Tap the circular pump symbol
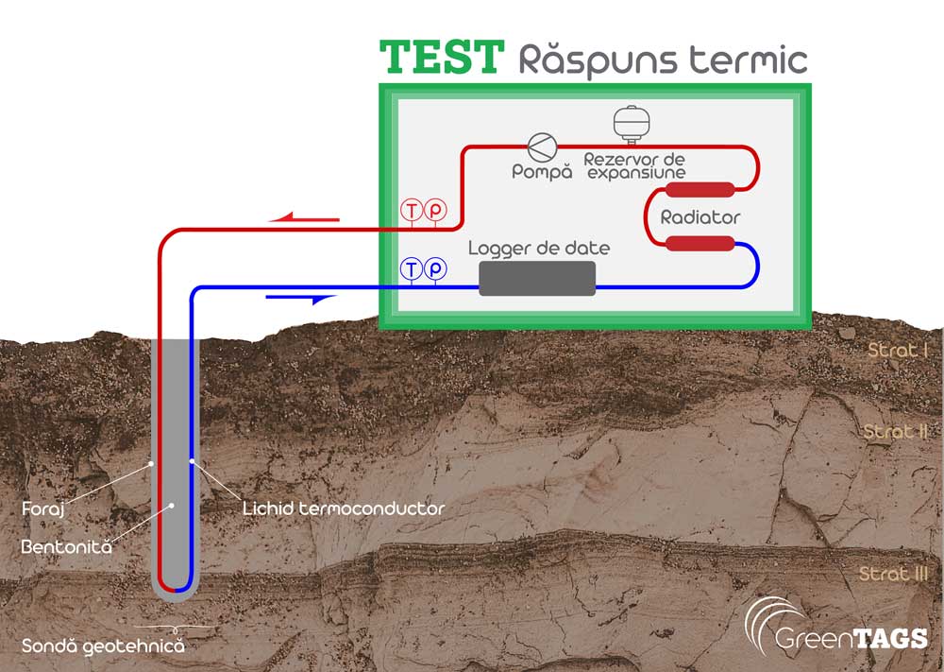(542, 147)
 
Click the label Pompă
(542, 172)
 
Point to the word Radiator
(700, 217)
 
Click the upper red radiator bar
(700, 189)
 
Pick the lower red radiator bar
(700, 244)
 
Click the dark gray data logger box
(537, 278)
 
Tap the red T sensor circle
(412, 211)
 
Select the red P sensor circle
(434, 211)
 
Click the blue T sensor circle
(412, 268)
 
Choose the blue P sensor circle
(434, 268)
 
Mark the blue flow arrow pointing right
(302, 299)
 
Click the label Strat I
(898, 351)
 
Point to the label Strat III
(894, 574)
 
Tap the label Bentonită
(66, 546)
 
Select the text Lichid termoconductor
(343, 508)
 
